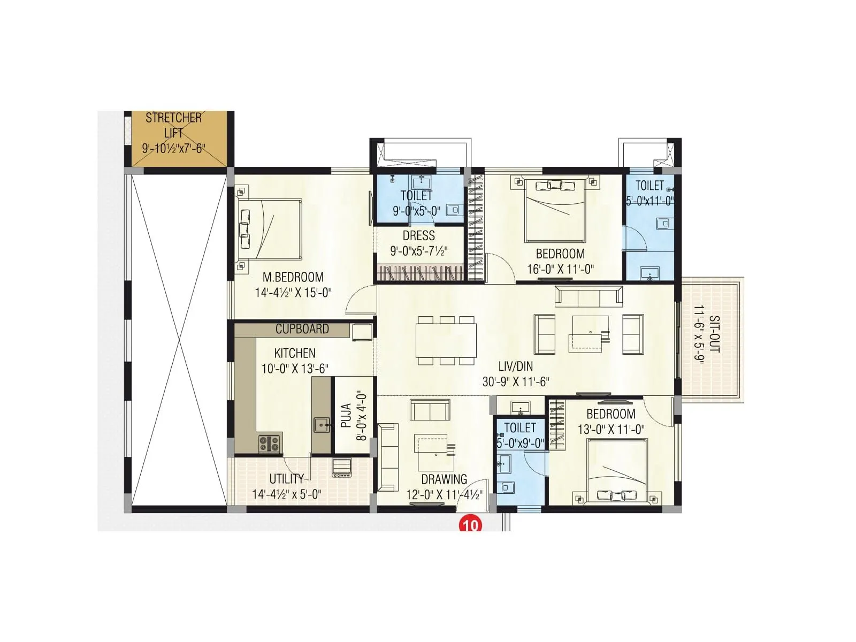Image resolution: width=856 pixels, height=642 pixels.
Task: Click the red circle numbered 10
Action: tap(470, 525)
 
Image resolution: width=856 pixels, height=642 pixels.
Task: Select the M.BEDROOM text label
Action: tap(293, 277)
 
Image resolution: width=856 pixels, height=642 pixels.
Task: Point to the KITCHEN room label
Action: tap(295, 353)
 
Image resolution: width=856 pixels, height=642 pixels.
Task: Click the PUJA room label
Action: tap(346, 416)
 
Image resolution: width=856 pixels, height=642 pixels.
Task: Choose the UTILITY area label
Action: tap(286, 479)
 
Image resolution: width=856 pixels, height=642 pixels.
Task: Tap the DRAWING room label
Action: tap(444, 479)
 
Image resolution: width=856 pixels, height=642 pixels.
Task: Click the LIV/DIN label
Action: tap(515, 367)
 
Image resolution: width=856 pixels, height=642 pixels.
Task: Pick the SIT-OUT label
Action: tap(714, 334)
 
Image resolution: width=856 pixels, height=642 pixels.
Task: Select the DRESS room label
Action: tap(418, 236)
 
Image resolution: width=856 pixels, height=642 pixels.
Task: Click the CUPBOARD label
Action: tap(302, 329)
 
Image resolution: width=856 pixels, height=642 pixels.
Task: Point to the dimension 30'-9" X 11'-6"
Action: tap(516, 382)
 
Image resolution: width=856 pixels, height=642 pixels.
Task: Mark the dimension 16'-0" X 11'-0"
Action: tap(560, 269)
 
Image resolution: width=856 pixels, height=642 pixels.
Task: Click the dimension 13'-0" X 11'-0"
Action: tap(611, 429)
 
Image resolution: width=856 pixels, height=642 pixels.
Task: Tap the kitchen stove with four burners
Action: tap(270, 444)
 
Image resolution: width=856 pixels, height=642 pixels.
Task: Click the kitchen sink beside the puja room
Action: tap(322, 426)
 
